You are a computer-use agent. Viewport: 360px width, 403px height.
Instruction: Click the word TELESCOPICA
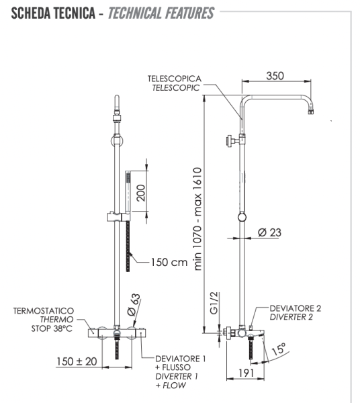tap(175, 79)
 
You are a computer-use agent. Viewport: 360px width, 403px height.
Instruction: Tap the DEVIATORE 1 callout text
tap(180, 359)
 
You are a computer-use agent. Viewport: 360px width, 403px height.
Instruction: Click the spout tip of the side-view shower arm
tap(310, 113)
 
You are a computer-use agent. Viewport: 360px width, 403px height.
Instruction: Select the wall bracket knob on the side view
tap(230, 141)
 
